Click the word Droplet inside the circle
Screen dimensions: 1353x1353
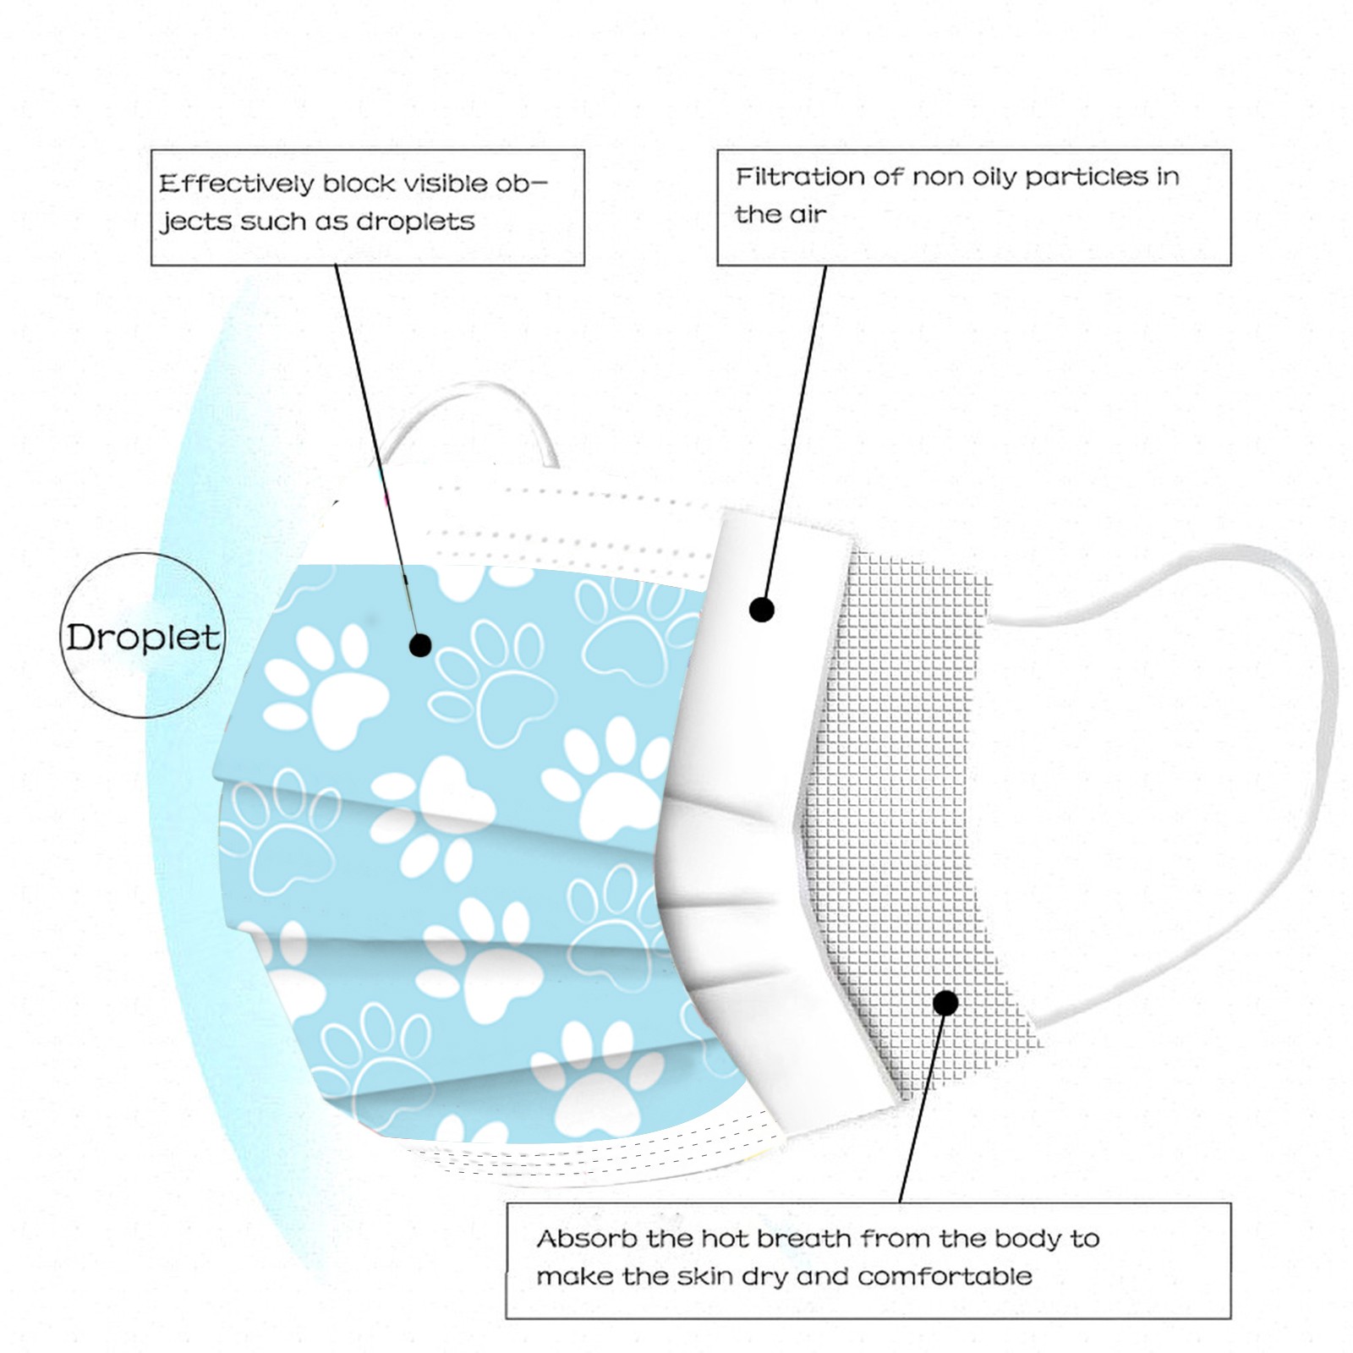coord(143,638)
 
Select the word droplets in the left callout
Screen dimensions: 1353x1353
coord(415,222)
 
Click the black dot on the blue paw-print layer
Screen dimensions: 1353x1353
coord(420,645)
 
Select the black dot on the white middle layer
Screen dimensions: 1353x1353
coord(762,609)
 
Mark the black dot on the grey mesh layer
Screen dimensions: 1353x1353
coord(945,1003)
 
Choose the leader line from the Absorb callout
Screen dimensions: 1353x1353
coord(920,1116)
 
